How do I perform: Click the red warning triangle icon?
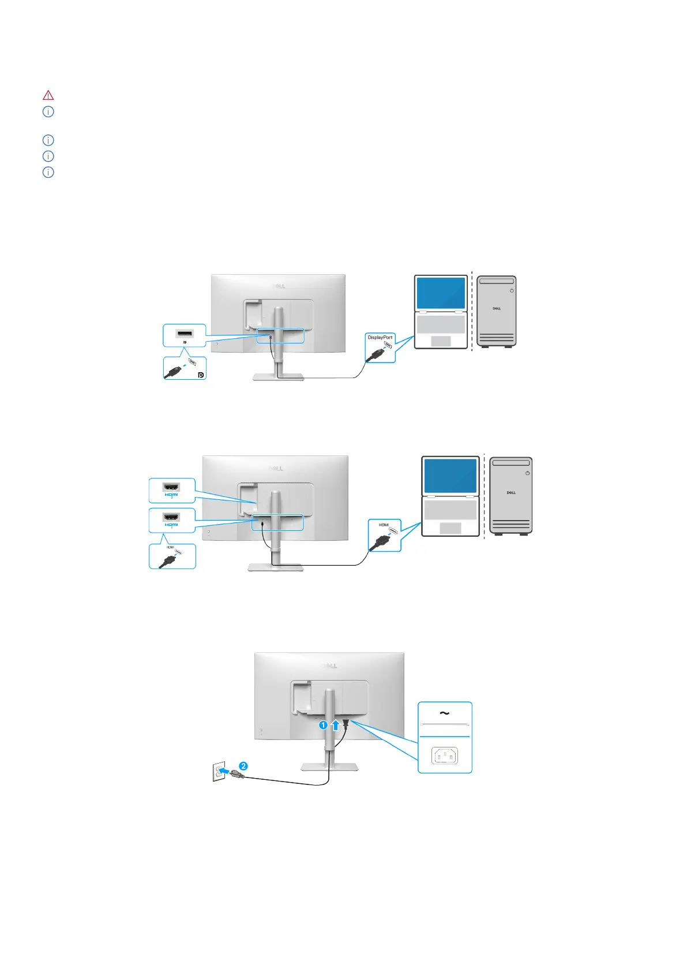point(48,95)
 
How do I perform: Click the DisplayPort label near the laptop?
point(380,338)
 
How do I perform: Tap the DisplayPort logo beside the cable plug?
point(200,375)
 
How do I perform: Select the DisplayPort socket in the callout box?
point(185,334)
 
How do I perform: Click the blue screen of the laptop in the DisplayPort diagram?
point(441,293)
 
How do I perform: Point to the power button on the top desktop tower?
point(512,291)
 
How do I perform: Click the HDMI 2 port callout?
point(171,489)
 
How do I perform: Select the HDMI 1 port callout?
point(171,519)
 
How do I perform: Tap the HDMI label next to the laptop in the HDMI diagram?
point(384,525)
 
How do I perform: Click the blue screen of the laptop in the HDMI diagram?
point(450,476)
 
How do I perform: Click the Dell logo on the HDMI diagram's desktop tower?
point(511,493)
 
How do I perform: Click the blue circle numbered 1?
point(324,725)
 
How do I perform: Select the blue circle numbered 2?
point(243,766)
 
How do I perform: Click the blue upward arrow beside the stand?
point(335,725)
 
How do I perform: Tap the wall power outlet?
point(219,772)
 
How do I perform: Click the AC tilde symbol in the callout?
point(444,713)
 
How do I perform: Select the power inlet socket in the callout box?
point(445,755)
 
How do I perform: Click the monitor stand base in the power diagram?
point(329,767)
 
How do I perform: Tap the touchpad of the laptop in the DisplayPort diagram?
point(441,341)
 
